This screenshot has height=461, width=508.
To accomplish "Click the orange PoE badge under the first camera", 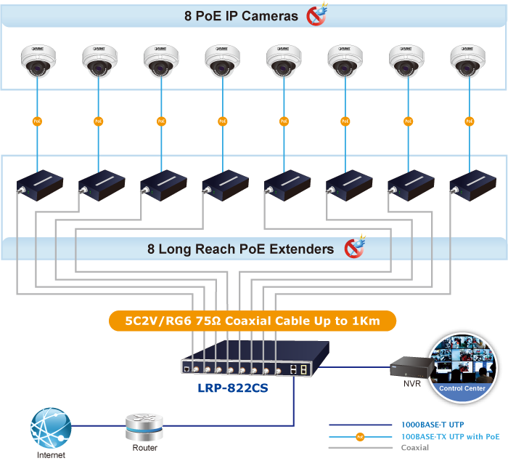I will tap(37, 121).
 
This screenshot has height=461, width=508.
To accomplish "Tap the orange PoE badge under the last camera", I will tap(470, 121).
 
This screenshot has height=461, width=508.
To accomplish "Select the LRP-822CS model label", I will tap(232, 388).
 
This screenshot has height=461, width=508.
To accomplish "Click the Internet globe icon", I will tap(51, 428).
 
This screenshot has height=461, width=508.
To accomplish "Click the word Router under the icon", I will tap(144, 447).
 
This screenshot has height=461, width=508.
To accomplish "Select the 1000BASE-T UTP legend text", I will tap(433, 425).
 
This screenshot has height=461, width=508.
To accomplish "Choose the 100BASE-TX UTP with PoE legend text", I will tap(451, 436).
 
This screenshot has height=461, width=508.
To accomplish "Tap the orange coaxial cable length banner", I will tap(253, 321).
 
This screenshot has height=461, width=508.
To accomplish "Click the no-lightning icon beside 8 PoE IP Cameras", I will tap(316, 15).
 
